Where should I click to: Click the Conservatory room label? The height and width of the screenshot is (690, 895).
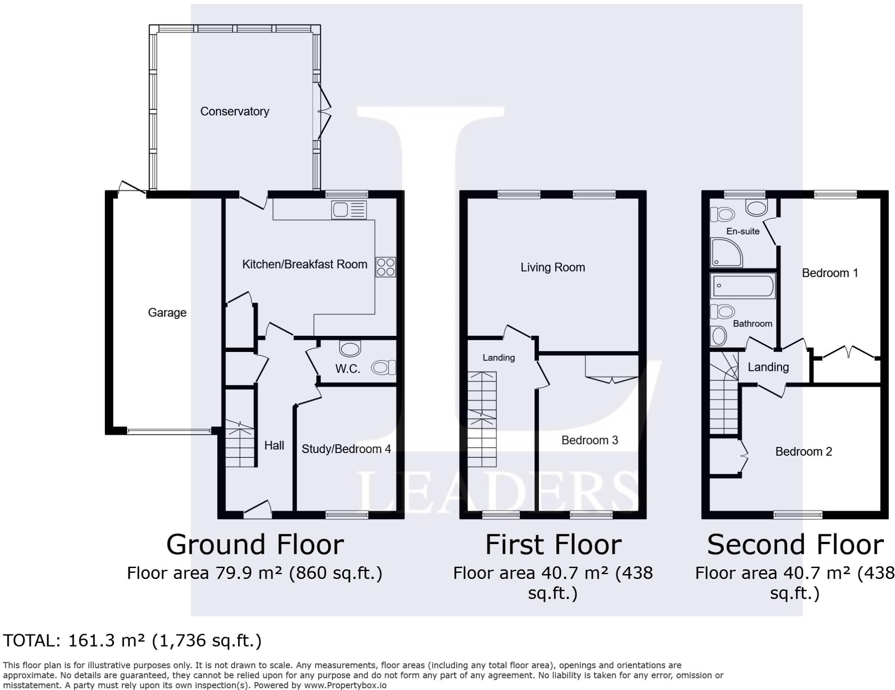(234, 112)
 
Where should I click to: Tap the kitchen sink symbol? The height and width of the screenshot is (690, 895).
(348, 210)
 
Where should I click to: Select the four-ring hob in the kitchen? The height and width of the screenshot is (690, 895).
(385, 267)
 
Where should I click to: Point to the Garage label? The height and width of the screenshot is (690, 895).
(167, 313)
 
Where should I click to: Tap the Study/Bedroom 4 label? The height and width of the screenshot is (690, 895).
(346, 449)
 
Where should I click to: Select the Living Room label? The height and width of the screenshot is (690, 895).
(552, 267)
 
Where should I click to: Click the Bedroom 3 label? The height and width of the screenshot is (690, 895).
(590, 440)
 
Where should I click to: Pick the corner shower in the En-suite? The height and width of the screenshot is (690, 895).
(726, 253)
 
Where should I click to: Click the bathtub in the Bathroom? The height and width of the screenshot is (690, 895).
(742, 286)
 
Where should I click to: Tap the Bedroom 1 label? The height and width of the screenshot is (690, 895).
(829, 273)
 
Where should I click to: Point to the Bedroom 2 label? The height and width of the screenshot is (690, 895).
(803, 451)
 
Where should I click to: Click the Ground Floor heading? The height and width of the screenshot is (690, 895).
(255, 545)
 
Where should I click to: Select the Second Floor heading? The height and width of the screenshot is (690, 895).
(795, 545)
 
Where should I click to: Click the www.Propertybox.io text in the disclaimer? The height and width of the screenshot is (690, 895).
(345, 685)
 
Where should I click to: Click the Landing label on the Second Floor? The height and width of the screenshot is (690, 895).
(768, 367)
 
